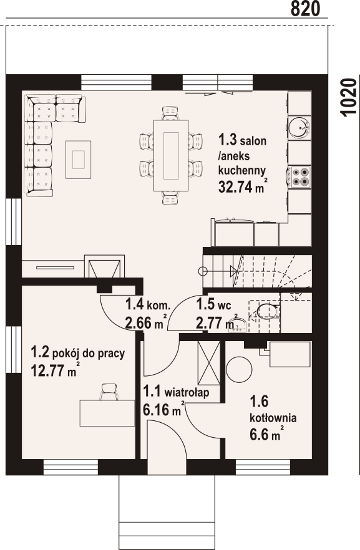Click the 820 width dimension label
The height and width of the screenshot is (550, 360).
(x=305, y=9)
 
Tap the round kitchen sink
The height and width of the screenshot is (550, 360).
(x=299, y=127)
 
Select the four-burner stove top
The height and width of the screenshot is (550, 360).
(x=301, y=176)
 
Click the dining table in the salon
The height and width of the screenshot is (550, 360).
(x=171, y=155)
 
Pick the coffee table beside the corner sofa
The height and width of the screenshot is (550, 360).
(x=78, y=160)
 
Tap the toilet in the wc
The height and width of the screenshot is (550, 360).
(x=268, y=312)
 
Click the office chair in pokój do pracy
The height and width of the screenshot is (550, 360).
(x=109, y=392)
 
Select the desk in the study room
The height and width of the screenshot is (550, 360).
(x=107, y=413)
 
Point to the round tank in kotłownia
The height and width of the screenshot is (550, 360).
(x=239, y=370)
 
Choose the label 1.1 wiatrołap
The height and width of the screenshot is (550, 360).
(x=176, y=391)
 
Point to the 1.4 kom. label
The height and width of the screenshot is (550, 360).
(x=148, y=304)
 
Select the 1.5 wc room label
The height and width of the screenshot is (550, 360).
(x=213, y=304)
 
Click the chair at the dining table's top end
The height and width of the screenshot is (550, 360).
(x=170, y=113)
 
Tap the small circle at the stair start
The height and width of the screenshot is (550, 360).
(x=202, y=271)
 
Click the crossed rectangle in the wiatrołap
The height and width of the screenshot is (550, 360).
(x=209, y=363)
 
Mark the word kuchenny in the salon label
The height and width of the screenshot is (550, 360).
(x=242, y=171)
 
